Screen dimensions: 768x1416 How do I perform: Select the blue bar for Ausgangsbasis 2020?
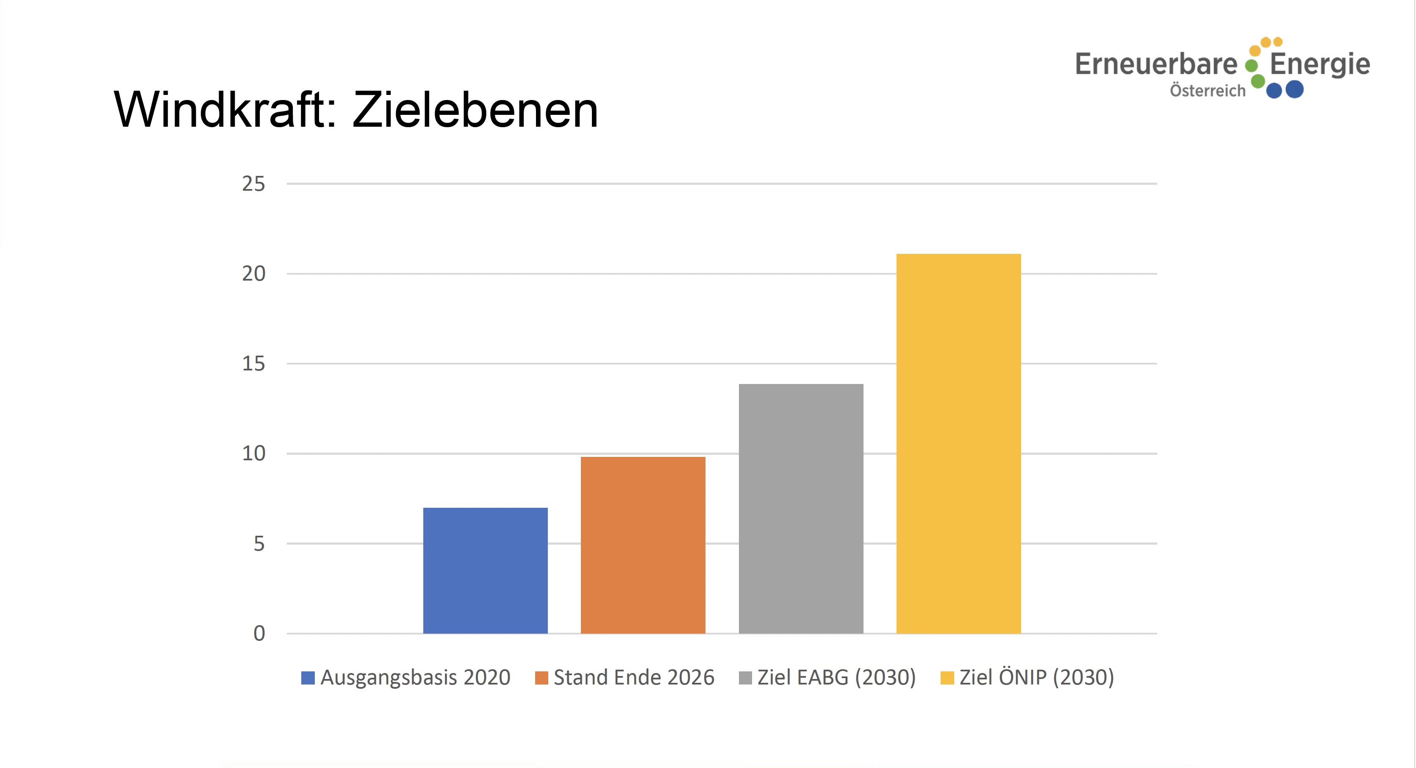pos(486,570)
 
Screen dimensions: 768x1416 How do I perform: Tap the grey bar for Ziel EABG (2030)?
pos(801,509)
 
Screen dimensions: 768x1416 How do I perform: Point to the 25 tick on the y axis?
pos(253,184)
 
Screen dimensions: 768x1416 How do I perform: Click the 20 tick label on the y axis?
pos(253,274)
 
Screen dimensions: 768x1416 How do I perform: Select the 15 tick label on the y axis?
pos(253,363)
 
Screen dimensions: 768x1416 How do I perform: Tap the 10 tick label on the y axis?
pos(253,454)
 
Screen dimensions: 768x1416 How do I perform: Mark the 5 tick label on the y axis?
pos(259,544)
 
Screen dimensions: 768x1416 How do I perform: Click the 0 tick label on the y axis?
pos(259,633)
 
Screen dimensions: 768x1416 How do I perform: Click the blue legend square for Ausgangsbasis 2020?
pos(308,678)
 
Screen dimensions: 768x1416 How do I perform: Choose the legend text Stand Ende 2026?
pos(634,677)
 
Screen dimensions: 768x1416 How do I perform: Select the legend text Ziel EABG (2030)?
pos(836,677)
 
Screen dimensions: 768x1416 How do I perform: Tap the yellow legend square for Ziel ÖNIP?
pos(947,678)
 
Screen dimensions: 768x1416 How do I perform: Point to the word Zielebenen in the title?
pos(475,110)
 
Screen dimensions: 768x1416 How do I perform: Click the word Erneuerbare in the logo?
pos(1155,64)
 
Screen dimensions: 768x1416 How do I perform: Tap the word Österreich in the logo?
pos(1207,91)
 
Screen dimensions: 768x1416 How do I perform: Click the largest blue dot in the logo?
pos(1294,89)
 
